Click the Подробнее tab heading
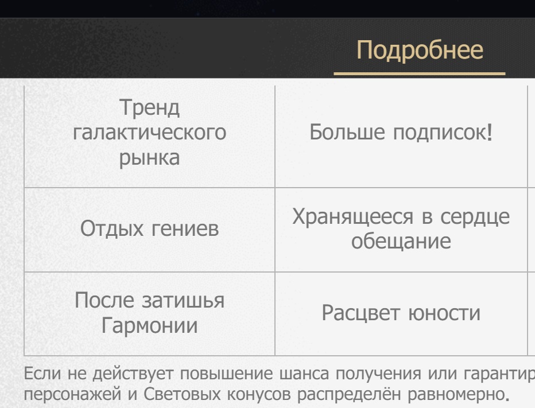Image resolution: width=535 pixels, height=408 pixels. [x=420, y=50]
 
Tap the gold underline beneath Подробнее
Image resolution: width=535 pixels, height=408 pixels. [x=420, y=73]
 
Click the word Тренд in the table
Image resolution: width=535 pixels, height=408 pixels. [x=149, y=107]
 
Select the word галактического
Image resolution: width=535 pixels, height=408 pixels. [x=149, y=133]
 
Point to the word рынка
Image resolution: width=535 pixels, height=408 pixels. [x=149, y=158]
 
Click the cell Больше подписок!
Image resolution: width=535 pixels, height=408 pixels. [x=401, y=132]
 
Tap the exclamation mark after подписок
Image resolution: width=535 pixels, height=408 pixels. [x=490, y=132]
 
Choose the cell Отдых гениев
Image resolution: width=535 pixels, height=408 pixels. [x=149, y=228]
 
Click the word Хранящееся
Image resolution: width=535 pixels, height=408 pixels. [x=352, y=216]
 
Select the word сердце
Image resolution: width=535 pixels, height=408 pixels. [x=475, y=217]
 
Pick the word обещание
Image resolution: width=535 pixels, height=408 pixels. [x=401, y=241]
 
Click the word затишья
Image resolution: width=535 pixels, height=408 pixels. [x=183, y=301]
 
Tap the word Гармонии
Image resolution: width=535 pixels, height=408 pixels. [x=149, y=325]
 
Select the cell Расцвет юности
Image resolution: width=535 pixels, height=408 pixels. [x=401, y=313]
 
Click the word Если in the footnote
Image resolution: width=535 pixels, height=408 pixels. [x=42, y=373]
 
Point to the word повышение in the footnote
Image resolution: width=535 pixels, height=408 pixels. [x=226, y=373]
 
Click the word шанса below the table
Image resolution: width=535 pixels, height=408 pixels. [x=304, y=373]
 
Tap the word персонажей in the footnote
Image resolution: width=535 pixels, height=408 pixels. [x=72, y=394]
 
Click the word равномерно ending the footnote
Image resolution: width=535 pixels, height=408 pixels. [x=456, y=394]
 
